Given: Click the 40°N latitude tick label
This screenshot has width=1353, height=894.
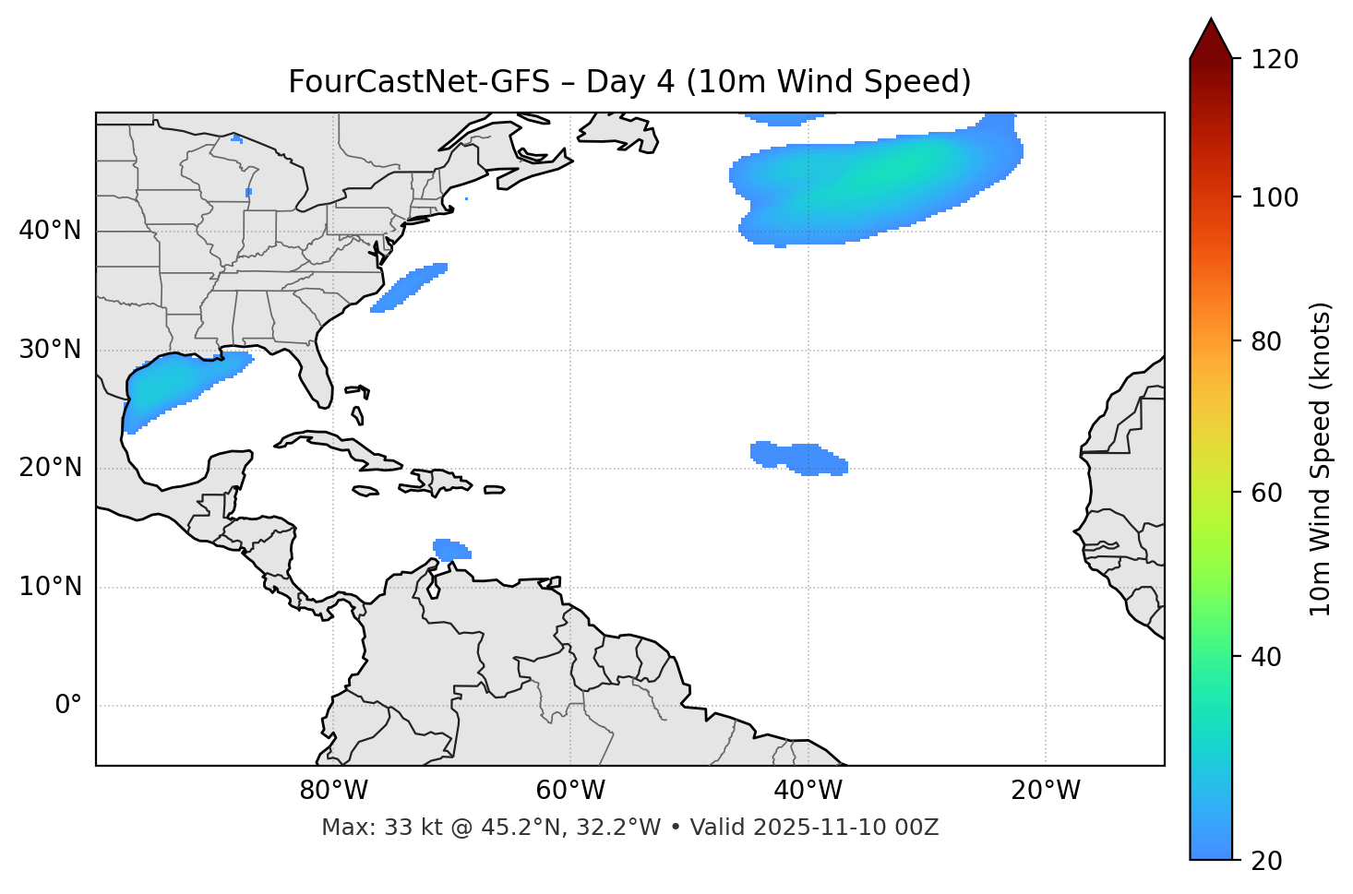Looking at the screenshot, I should pyautogui.click(x=51, y=231).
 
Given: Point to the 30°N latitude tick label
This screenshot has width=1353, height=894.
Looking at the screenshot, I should pyautogui.click(x=51, y=350).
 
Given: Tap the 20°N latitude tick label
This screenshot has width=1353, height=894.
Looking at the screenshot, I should pyautogui.click(x=51, y=468).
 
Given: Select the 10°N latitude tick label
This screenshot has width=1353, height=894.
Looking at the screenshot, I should pyautogui.click(x=51, y=587).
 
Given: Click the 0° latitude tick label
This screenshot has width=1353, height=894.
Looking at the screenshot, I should pyautogui.click(x=68, y=706).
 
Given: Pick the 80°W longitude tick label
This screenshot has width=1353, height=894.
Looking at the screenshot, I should pyautogui.click(x=333, y=791).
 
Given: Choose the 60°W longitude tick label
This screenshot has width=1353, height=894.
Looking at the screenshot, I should pyautogui.click(x=570, y=791).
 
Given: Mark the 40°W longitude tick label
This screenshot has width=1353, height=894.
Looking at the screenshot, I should pyautogui.click(x=808, y=791).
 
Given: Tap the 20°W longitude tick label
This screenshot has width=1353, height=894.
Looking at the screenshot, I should pyautogui.click(x=1045, y=791).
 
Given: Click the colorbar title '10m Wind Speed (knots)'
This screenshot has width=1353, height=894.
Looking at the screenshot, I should pyautogui.click(x=1321, y=459).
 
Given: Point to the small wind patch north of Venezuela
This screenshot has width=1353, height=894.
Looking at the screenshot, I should pyautogui.click(x=450, y=550).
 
